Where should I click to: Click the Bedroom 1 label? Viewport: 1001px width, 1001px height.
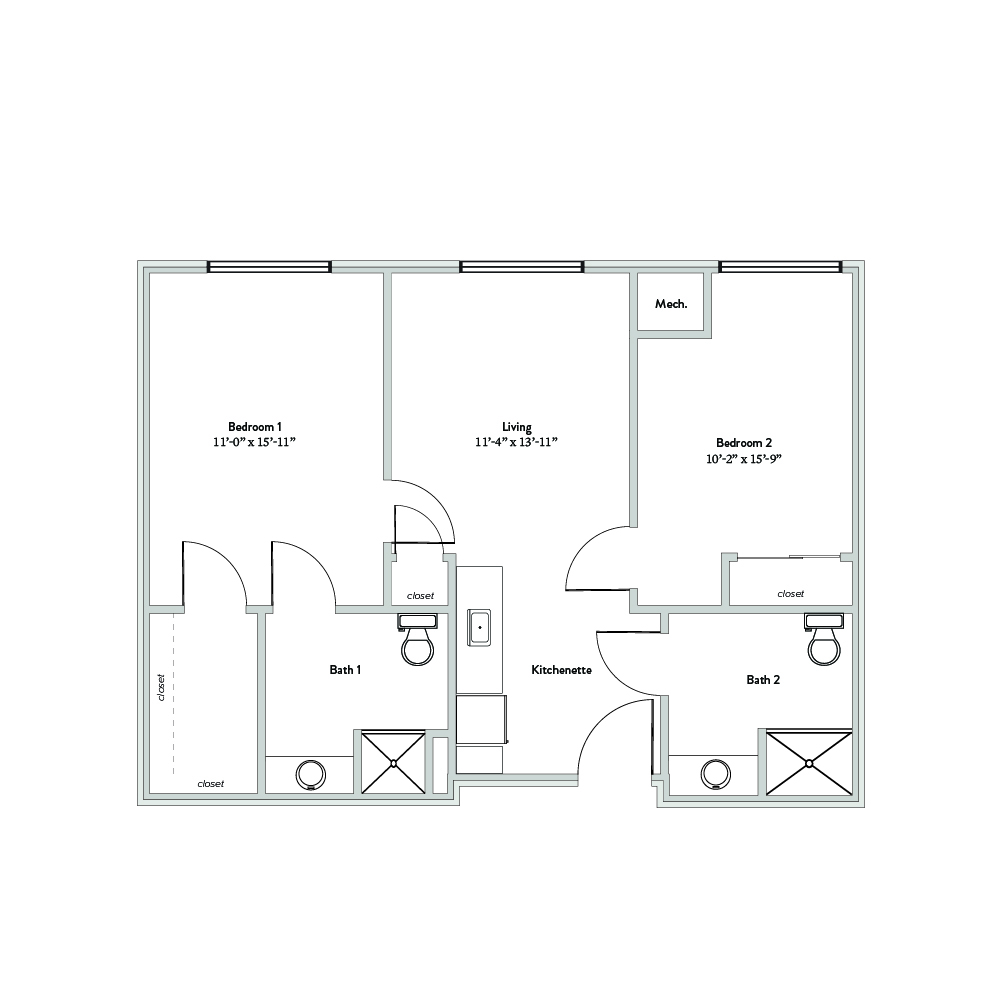click(x=255, y=426)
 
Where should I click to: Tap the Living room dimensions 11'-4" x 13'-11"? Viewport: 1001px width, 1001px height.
click(x=516, y=442)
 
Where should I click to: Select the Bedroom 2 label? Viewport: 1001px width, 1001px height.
click(x=744, y=442)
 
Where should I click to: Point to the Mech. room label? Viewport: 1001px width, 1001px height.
click(x=671, y=304)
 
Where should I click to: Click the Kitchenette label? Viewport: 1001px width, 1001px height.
click(x=561, y=670)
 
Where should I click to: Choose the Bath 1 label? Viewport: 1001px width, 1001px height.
click(x=345, y=670)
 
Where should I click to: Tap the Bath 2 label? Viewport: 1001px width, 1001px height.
click(x=763, y=680)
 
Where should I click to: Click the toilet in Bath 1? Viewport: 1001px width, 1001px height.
click(x=418, y=640)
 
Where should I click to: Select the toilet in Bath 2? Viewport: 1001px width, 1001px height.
click(x=824, y=640)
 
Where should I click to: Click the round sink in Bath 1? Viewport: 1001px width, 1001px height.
click(x=311, y=775)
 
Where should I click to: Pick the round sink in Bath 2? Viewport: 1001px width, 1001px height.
click(x=716, y=774)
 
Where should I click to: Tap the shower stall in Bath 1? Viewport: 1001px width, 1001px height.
click(x=393, y=763)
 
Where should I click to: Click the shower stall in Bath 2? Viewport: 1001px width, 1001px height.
click(x=809, y=763)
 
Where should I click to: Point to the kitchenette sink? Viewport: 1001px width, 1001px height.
click(x=479, y=628)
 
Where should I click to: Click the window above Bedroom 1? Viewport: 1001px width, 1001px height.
click(x=269, y=267)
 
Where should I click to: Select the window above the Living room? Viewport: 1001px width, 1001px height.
click(x=522, y=267)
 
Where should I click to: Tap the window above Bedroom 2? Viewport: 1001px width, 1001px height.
click(x=781, y=267)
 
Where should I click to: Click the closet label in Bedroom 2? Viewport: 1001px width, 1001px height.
click(x=790, y=594)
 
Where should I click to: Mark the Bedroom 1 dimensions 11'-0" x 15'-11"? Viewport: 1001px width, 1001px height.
click(x=255, y=442)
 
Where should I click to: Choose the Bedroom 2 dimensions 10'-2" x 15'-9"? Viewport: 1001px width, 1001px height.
click(x=744, y=458)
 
